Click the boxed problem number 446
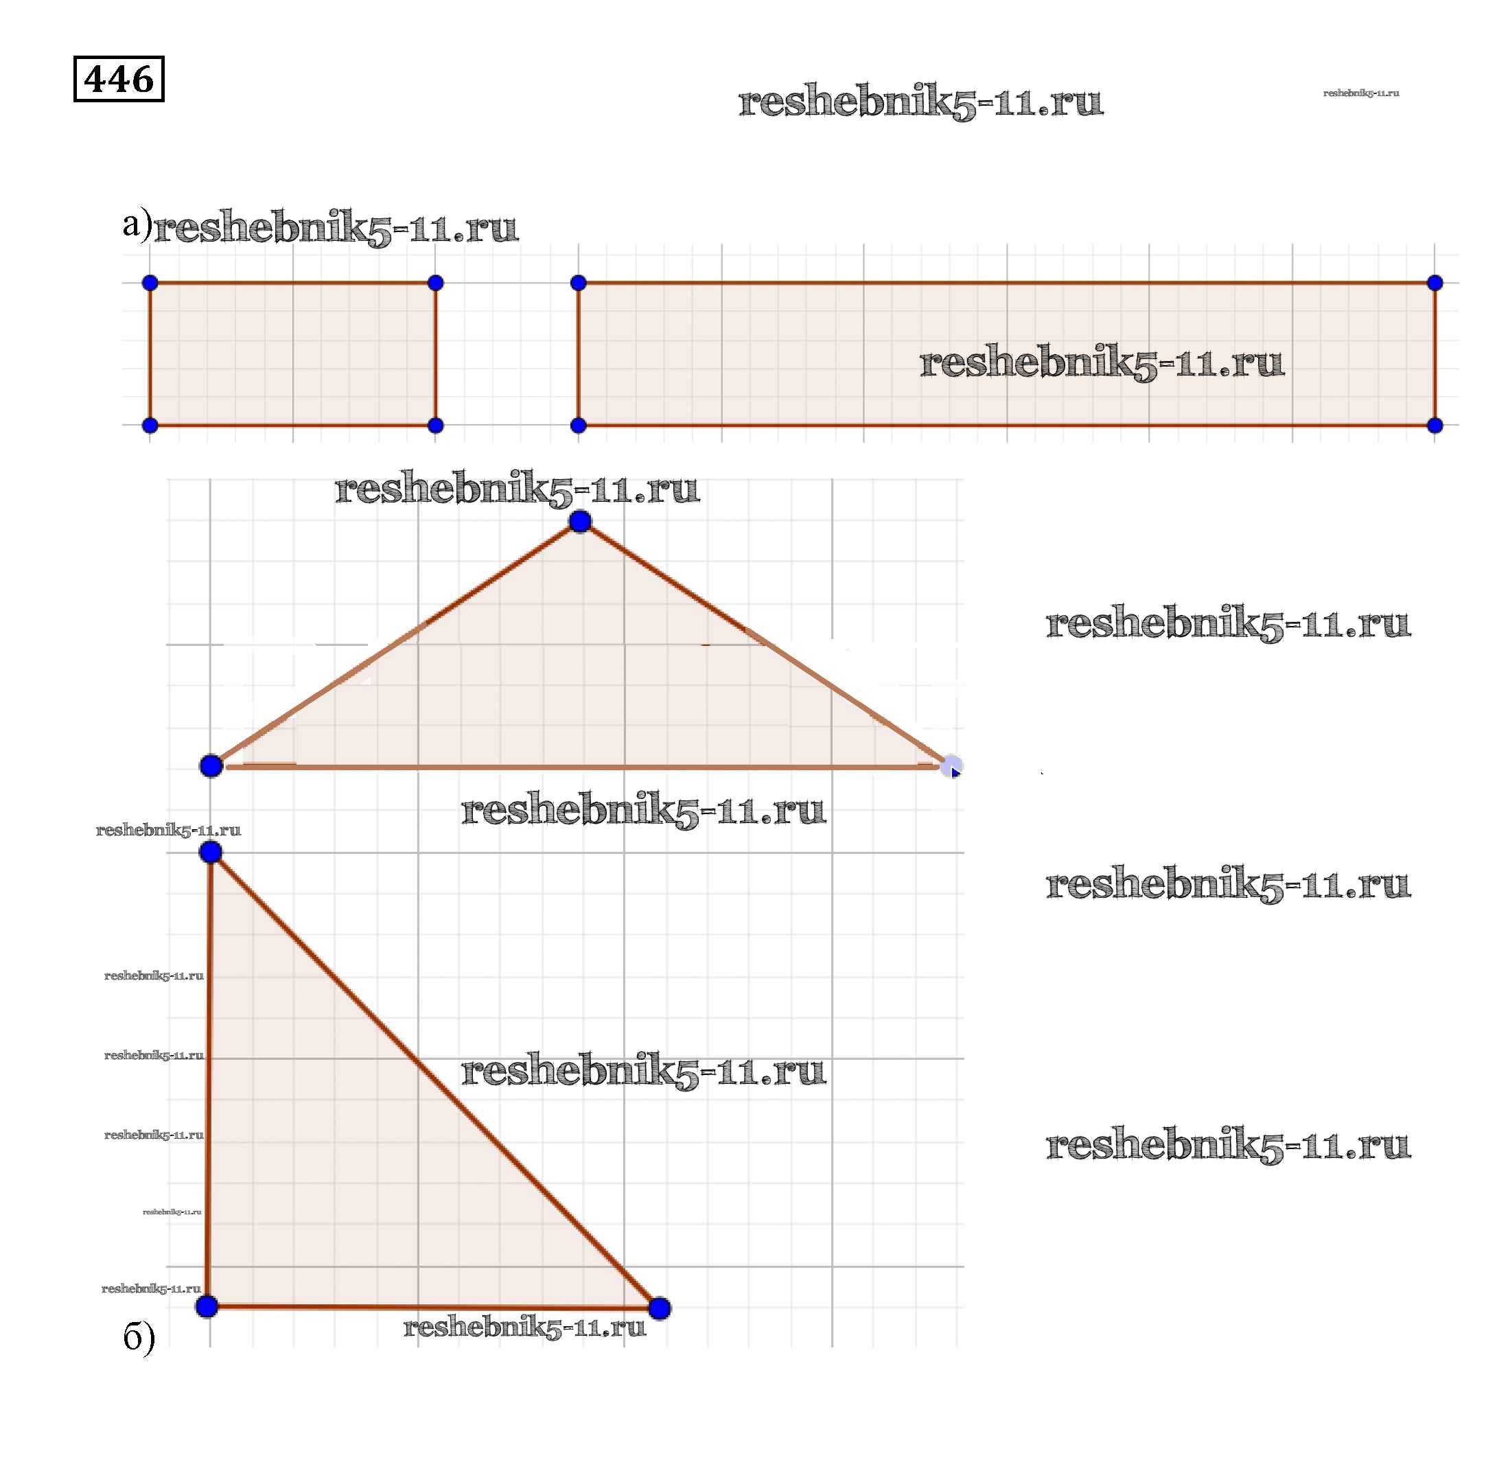119,78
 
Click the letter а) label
136,224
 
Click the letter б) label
139,1336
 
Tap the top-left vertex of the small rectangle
150,283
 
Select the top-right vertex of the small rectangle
435,283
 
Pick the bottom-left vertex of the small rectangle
150,426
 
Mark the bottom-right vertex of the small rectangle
435,426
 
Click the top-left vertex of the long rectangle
579,283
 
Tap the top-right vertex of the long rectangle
1435,283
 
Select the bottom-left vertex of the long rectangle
579,426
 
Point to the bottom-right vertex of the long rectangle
1435,426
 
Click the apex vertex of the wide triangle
580,522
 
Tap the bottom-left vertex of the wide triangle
211,765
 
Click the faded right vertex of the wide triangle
951,765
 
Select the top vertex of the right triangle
211,852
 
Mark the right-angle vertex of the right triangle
207,1306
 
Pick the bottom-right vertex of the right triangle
659,1308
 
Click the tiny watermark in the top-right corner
1360,93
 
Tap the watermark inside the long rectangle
1102,362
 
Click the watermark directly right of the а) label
336,228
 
